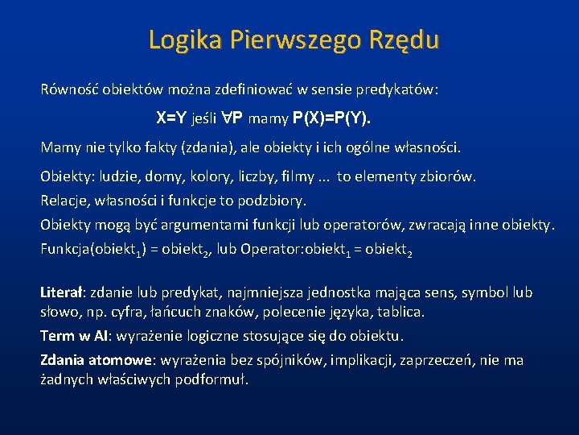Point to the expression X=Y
(171, 118)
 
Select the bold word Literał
(63, 292)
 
